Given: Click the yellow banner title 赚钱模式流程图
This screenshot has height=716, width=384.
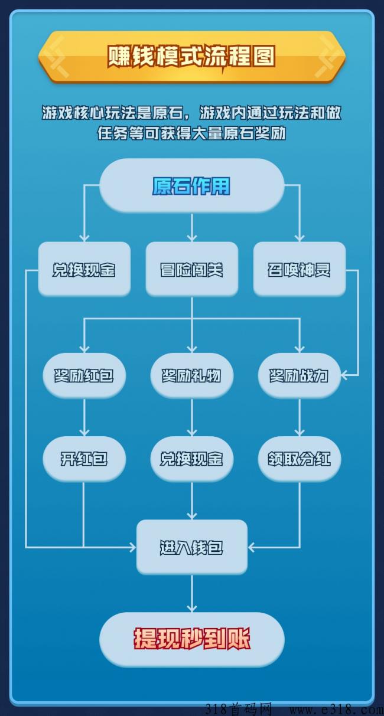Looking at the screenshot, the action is [191, 57].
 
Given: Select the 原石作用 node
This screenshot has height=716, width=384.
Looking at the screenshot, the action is [191, 185].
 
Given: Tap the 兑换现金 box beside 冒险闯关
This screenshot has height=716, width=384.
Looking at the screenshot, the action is [84, 269].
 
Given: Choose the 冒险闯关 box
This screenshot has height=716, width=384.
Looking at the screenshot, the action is [191, 269].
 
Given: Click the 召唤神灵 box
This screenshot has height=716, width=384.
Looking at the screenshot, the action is [299, 269].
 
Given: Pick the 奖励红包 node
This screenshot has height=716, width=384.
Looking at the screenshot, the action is [84, 375].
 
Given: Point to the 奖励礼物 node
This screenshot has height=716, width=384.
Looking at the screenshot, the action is [191, 375].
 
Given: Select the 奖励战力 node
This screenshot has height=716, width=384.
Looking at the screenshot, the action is [299, 375].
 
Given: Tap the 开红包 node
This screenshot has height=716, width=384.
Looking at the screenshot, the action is [84, 459].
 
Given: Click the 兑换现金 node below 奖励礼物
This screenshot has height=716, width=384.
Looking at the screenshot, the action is [191, 459].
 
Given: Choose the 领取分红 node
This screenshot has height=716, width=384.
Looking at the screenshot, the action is [299, 459].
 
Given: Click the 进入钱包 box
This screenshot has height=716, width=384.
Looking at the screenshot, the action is [191, 547].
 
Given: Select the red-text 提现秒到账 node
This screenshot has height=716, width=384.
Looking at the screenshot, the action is [191, 640].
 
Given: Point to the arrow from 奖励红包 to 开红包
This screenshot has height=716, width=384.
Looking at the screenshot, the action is [84, 417].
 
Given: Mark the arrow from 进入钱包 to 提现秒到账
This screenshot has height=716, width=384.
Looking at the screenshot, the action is [191, 594].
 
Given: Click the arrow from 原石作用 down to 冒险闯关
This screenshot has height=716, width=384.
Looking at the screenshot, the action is [191, 227].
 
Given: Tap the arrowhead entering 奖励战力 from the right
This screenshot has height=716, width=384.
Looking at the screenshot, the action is [344, 375].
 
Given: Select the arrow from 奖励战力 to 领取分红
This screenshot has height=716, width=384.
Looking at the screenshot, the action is [299, 417].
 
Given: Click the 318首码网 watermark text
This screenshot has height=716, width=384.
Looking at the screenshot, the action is [239, 709].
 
